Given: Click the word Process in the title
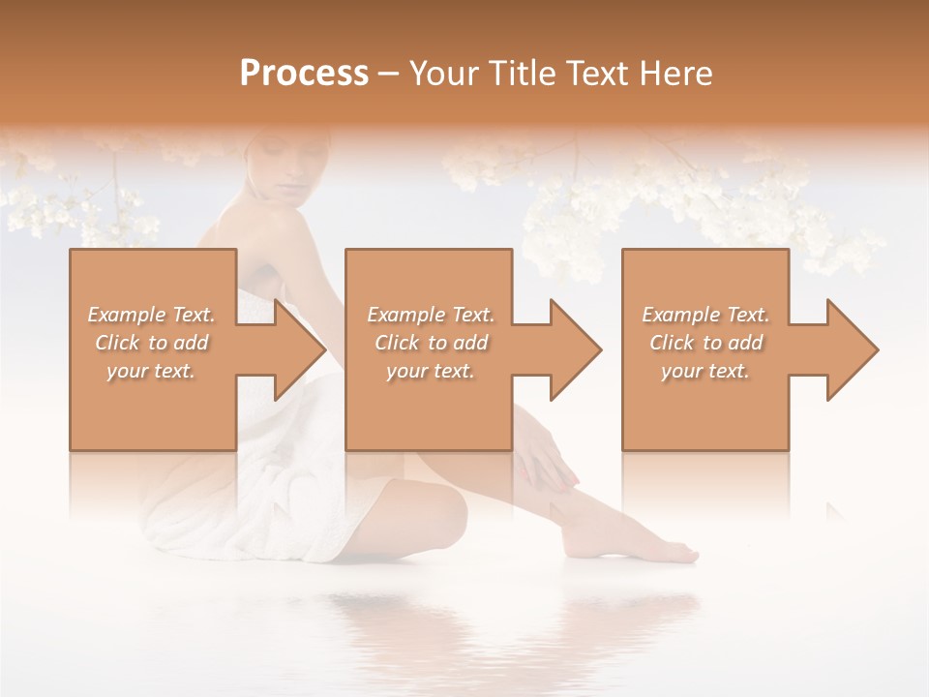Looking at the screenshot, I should [304, 74].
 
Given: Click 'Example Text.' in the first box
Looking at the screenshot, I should [151, 315].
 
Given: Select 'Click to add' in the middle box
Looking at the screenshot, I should [431, 343].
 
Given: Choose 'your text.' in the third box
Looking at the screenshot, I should [705, 371].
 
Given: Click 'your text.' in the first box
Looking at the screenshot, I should [151, 371].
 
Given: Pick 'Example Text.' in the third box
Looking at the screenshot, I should [705, 315].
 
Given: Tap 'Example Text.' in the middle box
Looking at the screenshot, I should [431, 315].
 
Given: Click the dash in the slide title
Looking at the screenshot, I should [388, 74].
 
